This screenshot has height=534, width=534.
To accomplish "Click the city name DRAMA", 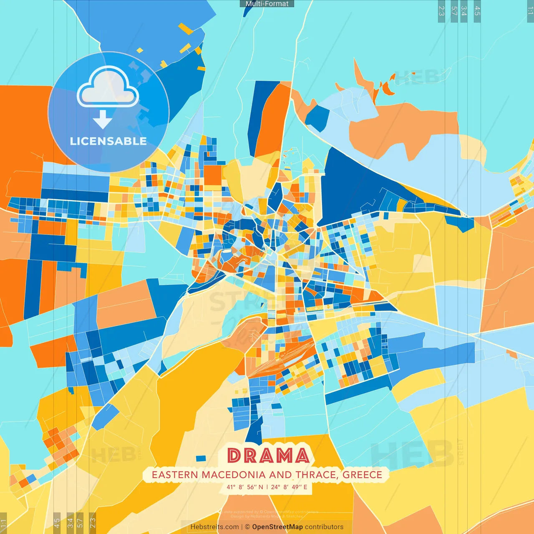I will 268,456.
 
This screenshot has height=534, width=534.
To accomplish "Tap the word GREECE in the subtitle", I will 362,475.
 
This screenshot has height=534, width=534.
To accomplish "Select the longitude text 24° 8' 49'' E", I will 289,487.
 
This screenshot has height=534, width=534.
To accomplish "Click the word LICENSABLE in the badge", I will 108,141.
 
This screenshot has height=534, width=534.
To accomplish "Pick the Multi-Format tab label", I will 267,4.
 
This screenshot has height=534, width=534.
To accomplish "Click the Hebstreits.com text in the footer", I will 214,527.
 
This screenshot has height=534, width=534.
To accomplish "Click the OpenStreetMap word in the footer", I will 277,527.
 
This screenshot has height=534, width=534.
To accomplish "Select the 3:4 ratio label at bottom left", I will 70,523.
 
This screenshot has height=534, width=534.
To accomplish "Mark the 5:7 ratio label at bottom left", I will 80,523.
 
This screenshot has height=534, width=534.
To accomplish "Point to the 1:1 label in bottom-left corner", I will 4,524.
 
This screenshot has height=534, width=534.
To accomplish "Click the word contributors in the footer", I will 324,527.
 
